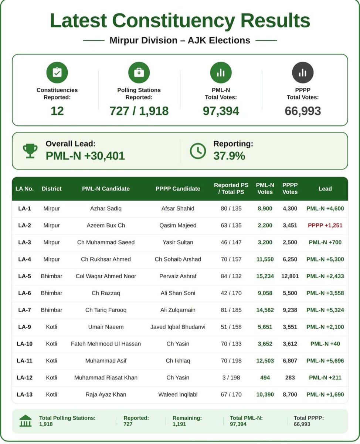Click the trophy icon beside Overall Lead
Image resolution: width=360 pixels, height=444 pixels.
point(30,151)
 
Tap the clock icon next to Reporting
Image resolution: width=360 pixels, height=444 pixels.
point(198,151)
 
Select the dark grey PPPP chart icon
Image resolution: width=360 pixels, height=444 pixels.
point(303,73)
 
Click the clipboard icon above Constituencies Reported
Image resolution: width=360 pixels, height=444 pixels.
point(57,73)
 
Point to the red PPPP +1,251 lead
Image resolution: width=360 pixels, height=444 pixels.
point(325,225)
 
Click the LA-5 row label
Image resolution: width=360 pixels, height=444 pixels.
point(24,276)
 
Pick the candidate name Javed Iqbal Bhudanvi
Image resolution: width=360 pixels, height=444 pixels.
point(178,327)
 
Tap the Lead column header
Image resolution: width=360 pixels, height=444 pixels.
point(325,189)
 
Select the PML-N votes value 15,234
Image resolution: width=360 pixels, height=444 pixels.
point(265,276)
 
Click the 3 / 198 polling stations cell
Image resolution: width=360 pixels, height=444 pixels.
point(231,377)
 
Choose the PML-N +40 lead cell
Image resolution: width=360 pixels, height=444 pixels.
point(325,344)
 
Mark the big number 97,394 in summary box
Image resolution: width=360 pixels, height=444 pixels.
point(221,111)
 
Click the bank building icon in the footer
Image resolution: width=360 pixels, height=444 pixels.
point(25,421)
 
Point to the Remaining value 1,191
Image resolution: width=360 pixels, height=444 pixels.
point(179,424)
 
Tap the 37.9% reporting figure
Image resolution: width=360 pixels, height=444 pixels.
point(229,156)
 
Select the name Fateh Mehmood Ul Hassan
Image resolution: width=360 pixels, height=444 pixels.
point(106,344)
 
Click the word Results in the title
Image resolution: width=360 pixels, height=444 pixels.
point(275,20)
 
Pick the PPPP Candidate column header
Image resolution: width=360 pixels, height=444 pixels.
point(178,189)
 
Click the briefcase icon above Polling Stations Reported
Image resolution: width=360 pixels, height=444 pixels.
point(139,73)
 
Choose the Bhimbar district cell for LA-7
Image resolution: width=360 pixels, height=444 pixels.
point(51,310)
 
